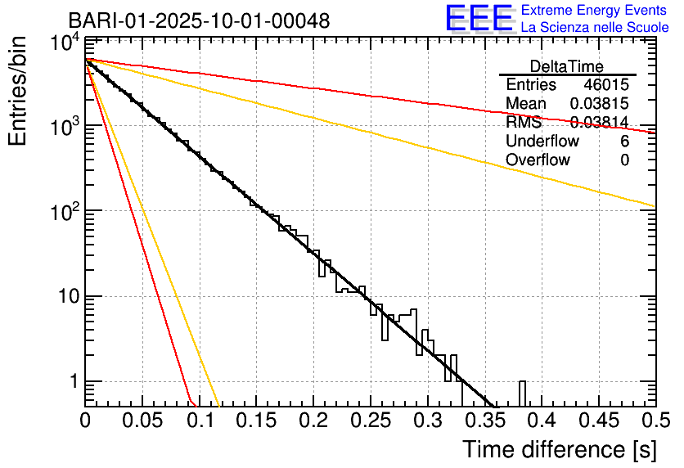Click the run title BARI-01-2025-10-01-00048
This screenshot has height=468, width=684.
(199, 20)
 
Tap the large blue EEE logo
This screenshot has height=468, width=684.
(479, 19)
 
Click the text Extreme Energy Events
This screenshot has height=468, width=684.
(594, 11)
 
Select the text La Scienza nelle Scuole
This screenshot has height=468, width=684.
(594, 27)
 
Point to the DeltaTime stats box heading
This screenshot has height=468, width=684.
(567, 66)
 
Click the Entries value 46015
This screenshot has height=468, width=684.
(606, 85)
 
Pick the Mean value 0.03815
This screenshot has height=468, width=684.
(599, 104)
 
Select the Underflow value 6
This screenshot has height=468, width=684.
(624, 142)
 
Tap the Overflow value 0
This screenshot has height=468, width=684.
(624, 160)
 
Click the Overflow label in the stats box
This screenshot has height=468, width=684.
(538, 160)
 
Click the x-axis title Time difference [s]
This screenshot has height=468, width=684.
(559, 449)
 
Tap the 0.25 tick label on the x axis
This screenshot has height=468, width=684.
(370, 421)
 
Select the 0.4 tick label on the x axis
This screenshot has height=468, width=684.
(541, 421)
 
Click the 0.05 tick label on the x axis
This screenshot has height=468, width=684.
(142, 421)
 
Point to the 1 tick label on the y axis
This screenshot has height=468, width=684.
(72, 381)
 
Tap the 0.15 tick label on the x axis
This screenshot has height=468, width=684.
(256, 421)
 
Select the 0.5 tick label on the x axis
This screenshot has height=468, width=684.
(655, 421)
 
